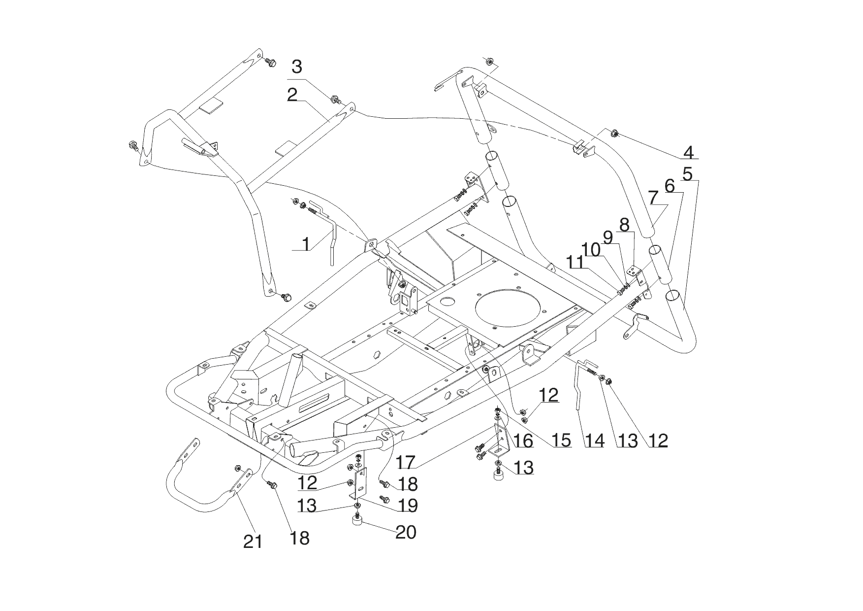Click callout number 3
click(297, 66)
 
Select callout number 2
click(292, 95)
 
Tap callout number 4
click(689, 152)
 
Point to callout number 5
click(688, 173)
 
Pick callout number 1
click(306, 244)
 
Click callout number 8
click(624, 225)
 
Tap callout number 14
click(594, 440)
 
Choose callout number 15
click(562, 440)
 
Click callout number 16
click(523, 440)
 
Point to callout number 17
click(406, 462)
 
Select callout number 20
click(406, 532)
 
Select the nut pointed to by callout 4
click(615, 133)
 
